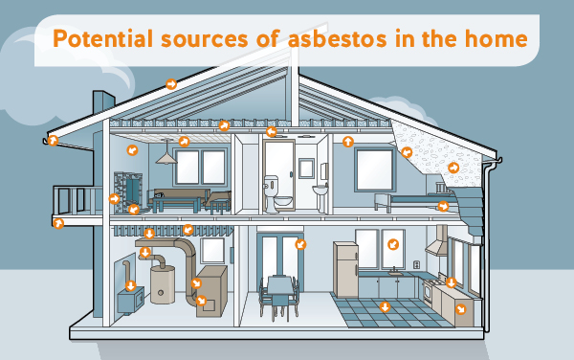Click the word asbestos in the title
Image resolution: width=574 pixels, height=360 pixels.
point(325,41)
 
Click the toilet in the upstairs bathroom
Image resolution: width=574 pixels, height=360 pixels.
point(283,197)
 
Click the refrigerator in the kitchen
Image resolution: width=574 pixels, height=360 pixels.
point(346,270)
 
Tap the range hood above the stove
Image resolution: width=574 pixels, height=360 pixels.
point(436,246)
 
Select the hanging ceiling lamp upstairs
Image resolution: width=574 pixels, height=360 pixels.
point(166,158)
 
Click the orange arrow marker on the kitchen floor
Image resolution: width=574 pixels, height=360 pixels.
point(385,307)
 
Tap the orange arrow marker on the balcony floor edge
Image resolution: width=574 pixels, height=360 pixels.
point(59,222)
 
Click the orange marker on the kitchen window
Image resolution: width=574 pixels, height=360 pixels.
point(391,245)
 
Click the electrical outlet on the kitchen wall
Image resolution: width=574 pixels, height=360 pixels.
point(417,262)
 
